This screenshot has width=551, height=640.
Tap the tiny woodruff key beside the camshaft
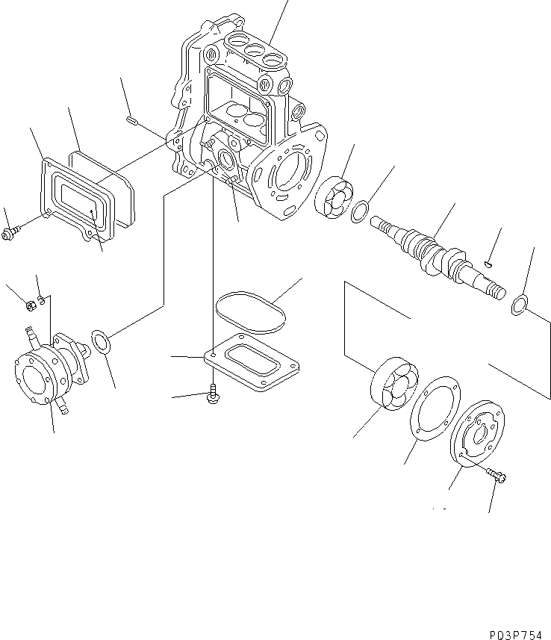(486, 262)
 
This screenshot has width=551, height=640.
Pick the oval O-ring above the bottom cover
(250, 312)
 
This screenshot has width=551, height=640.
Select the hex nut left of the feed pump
(31, 304)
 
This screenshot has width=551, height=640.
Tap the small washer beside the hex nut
(43, 299)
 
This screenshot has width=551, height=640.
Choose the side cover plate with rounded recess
(75, 198)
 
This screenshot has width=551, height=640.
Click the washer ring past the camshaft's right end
(519, 305)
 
